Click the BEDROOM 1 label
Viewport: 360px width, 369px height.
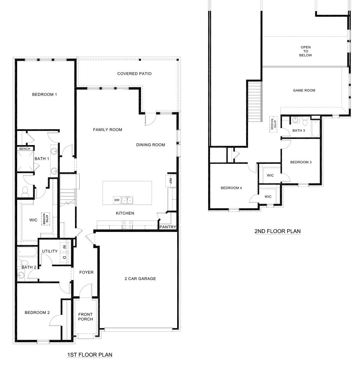(44, 94)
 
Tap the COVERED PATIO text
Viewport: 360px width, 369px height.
(134, 74)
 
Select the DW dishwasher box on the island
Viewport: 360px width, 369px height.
(117, 200)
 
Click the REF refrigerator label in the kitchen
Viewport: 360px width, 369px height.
(171, 180)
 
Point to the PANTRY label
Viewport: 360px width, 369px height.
(168, 227)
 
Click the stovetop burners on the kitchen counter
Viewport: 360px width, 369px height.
(127, 225)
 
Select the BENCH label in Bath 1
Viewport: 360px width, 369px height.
(25, 149)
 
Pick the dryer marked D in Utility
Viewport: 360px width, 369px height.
(64, 258)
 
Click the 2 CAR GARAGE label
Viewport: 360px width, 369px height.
(140, 278)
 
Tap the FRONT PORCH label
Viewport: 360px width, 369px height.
(85, 317)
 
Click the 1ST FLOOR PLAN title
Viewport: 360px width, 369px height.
(90, 355)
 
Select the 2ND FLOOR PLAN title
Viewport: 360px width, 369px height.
(277, 231)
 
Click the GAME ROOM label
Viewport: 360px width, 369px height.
(304, 90)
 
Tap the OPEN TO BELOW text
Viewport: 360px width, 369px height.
(306, 51)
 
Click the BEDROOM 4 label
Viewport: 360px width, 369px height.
(231, 188)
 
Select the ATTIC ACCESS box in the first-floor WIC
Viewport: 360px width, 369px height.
(44, 219)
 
